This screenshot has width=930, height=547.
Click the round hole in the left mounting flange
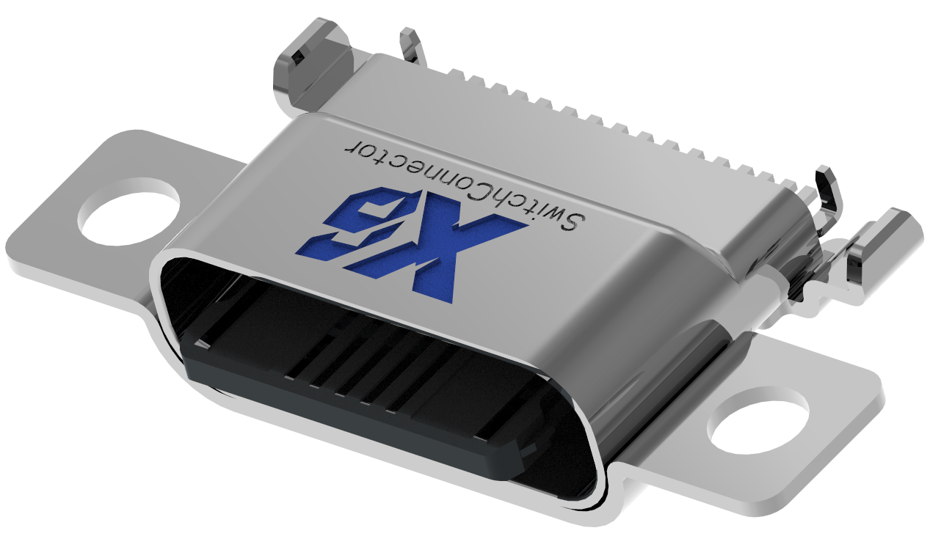129,210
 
